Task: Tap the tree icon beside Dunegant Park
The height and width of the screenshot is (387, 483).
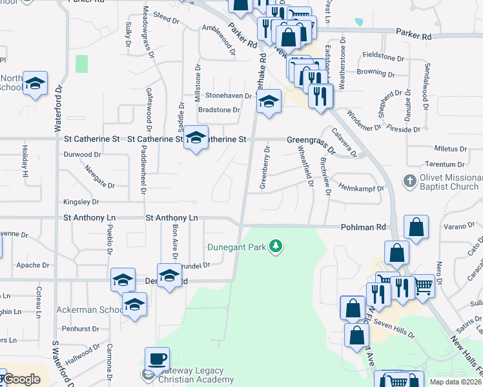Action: pos(276,246)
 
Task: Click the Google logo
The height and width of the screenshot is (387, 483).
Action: pos(21,379)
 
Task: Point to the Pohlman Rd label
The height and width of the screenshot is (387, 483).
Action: pos(363,227)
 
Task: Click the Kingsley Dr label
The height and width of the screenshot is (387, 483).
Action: pos(81,201)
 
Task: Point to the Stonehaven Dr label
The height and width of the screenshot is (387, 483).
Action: pos(228,95)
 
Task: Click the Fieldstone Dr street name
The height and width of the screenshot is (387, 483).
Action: pos(384,57)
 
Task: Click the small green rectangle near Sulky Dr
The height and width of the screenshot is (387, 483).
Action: pos(81,64)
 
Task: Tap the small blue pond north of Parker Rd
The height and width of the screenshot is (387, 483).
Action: pos(359,21)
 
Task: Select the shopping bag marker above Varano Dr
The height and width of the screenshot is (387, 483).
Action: pos(416,227)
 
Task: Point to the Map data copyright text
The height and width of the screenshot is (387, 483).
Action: pos(457,381)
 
